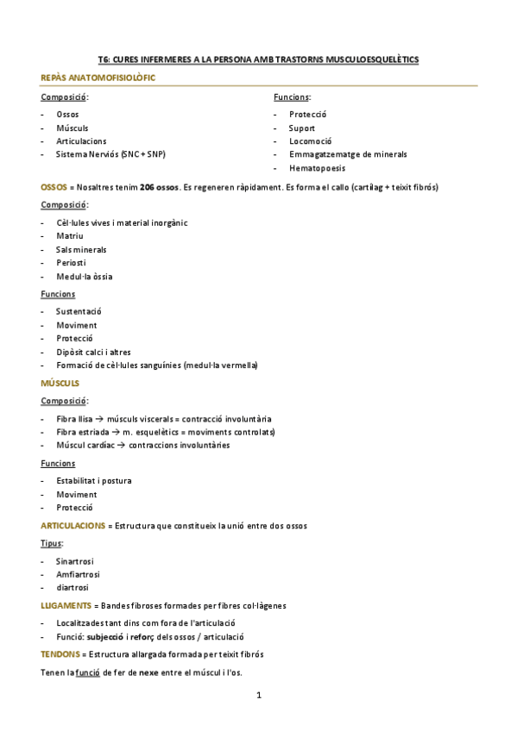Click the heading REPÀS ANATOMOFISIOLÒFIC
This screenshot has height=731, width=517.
[98, 78]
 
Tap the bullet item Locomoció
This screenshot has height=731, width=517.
[311, 141]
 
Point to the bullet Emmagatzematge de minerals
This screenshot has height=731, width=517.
[348, 154]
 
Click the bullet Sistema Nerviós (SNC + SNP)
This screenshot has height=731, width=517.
[110, 154]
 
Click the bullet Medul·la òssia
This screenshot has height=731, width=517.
[84, 277]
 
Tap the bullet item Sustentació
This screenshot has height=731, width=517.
[79, 311]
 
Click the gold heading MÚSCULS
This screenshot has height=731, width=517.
[60, 382]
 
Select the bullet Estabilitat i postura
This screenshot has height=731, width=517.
[93, 480]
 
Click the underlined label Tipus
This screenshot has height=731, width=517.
[51, 543]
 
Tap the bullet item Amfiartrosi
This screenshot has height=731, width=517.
[78, 573]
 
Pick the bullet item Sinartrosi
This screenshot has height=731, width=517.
[74, 560]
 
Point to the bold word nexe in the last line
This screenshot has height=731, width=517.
[150, 672]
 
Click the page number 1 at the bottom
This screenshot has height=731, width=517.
[258, 695]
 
